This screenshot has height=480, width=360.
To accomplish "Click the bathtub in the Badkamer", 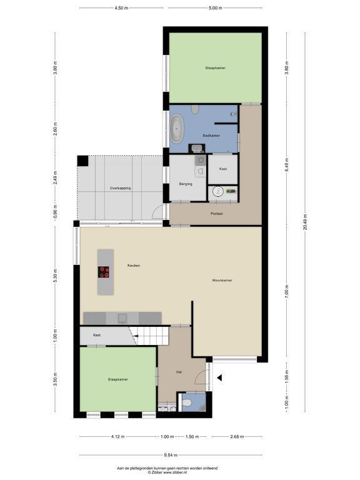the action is tap(177, 129).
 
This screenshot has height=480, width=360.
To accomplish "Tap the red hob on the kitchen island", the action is tap(104, 272).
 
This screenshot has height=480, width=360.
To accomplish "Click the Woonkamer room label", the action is tap(222, 280).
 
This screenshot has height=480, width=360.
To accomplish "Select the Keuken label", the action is tap(134, 266).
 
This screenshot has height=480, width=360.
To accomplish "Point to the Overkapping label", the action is tap(120, 188).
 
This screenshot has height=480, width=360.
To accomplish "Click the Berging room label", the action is tap(186, 184).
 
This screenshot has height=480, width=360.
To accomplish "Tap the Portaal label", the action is tap(217, 213).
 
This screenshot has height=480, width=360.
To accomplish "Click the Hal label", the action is tap(179, 372).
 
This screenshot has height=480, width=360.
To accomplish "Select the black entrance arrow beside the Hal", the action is tap(219, 378).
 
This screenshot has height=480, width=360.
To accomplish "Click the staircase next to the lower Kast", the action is tap(149, 336).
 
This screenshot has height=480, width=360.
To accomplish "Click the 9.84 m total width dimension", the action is tap(171, 455).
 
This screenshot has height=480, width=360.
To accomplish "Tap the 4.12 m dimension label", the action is tap(118, 436).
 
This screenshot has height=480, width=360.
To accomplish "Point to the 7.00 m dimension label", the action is tap(286, 291).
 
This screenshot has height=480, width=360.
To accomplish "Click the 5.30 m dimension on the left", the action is tap(55, 276).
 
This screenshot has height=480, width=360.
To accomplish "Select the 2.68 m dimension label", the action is tap(237, 436).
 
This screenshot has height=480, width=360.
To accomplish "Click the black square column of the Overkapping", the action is tap(82, 161).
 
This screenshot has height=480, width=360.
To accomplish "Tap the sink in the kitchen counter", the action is tap(122, 318).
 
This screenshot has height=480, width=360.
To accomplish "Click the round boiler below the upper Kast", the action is tap(218, 192).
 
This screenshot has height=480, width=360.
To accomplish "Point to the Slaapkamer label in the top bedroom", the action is tap(215, 67).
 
